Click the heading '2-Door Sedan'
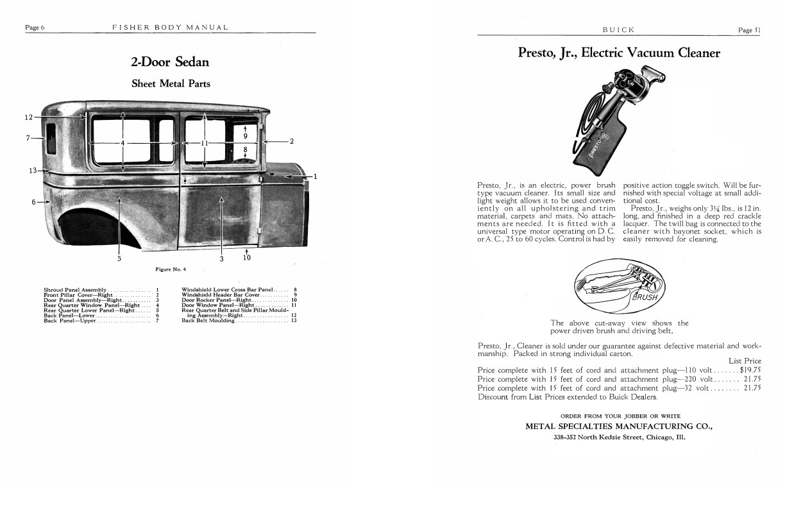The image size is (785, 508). click(170, 62)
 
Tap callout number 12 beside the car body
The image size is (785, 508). click(28, 117)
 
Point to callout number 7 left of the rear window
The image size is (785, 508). click(29, 138)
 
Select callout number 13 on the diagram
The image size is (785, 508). click(33, 171)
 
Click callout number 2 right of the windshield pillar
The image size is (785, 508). click(291, 141)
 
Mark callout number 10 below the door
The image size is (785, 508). click(247, 258)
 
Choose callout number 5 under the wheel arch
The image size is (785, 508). click(119, 258)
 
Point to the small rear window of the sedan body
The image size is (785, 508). click(51, 139)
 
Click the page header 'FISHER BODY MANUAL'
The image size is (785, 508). click(170, 28)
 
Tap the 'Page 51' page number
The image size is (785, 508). click(748, 30)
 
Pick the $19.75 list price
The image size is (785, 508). click(750, 370)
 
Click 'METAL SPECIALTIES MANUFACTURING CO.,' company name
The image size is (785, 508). click(619, 427)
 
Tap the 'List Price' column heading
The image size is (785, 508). click(745, 361)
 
